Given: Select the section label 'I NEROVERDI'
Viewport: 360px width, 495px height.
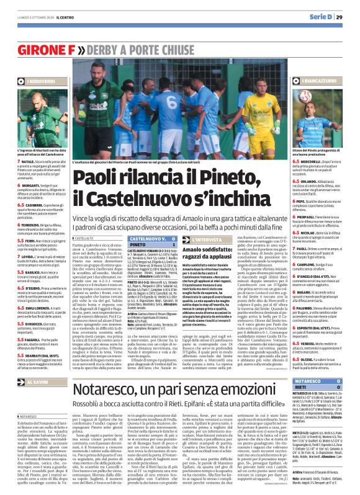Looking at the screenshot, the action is coord(35,82).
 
